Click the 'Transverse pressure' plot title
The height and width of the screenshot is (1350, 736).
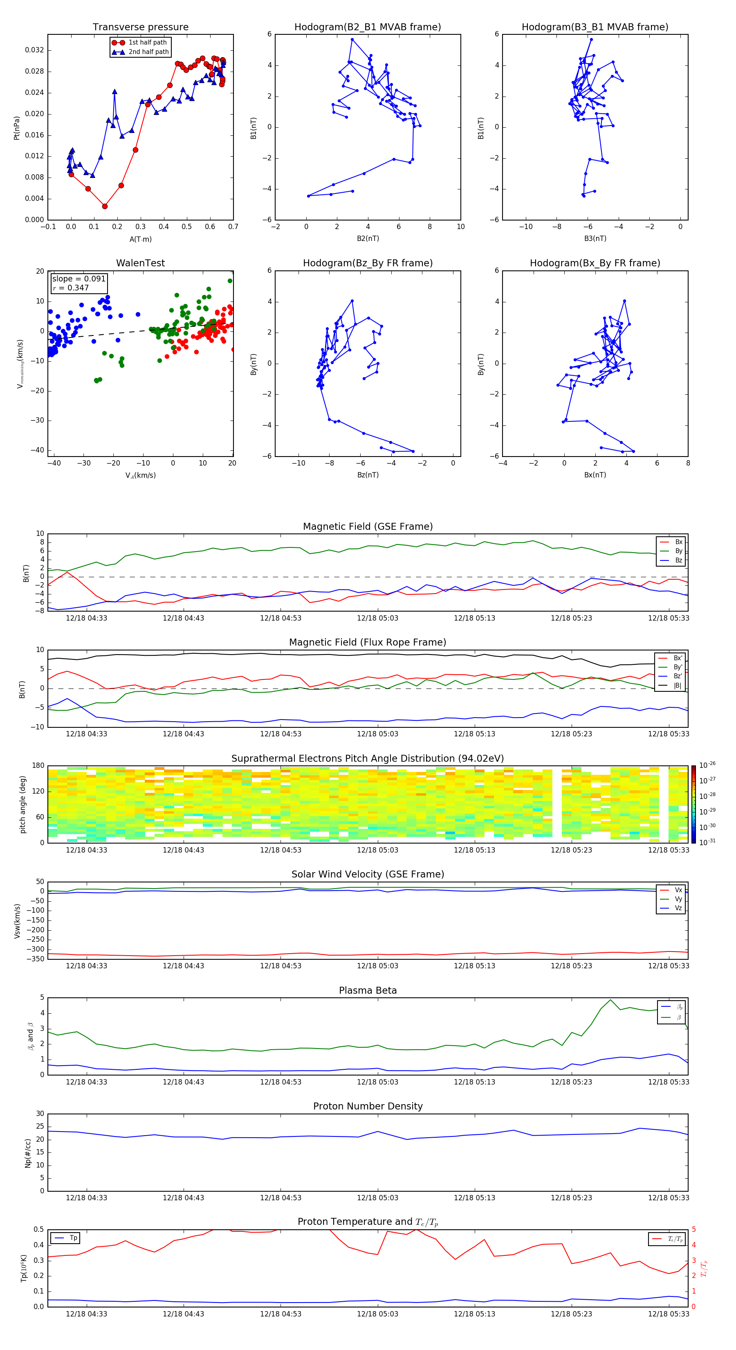[140, 27]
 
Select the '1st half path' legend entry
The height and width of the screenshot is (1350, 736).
[147, 43]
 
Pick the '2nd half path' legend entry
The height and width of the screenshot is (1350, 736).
[148, 52]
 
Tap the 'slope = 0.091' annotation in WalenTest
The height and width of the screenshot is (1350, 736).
[79, 279]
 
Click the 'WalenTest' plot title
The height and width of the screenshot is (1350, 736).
[140, 263]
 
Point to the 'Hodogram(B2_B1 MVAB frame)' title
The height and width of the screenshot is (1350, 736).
[367, 27]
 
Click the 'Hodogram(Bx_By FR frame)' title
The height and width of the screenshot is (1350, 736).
[595, 263]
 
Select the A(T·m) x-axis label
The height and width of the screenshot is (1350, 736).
[140, 239]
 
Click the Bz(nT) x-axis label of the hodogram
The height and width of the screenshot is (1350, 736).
[368, 475]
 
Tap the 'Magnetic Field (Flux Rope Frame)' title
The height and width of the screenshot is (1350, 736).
[367, 643]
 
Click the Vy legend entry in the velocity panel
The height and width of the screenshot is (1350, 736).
[678, 899]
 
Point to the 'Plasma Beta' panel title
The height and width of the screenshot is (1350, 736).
[367, 990]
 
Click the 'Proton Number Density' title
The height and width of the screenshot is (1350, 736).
[367, 1106]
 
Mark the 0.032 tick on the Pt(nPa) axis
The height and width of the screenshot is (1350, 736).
[35, 50]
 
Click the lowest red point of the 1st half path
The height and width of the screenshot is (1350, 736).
[105, 207]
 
